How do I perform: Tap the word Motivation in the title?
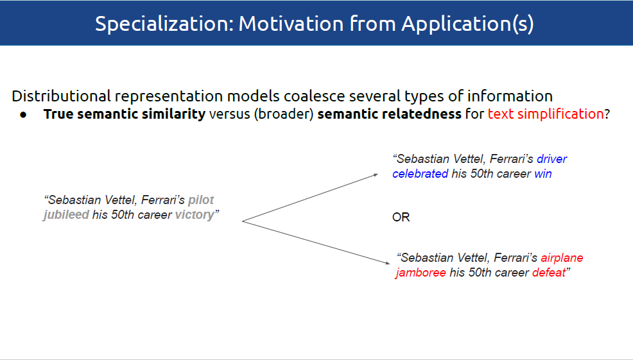pos(291,23)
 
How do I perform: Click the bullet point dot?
pos(23,115)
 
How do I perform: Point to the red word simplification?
pos(560,114)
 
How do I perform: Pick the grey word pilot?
pos(201,200)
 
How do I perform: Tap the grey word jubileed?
pos(66,215)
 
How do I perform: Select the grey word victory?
pos(194,215)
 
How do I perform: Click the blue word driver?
pos(551,159)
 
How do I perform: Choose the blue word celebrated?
pos(421,174)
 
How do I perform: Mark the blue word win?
pos(543,174)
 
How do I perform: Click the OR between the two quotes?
pos(401,217)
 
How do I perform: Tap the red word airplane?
pos(562,258)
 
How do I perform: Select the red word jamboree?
pos(421,273)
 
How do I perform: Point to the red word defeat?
pos(549,273)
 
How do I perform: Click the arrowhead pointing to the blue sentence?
pos(376,175)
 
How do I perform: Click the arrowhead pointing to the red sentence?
pos(388,263)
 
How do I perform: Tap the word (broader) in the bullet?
pos(284,114)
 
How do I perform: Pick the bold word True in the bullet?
pos(58,114)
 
